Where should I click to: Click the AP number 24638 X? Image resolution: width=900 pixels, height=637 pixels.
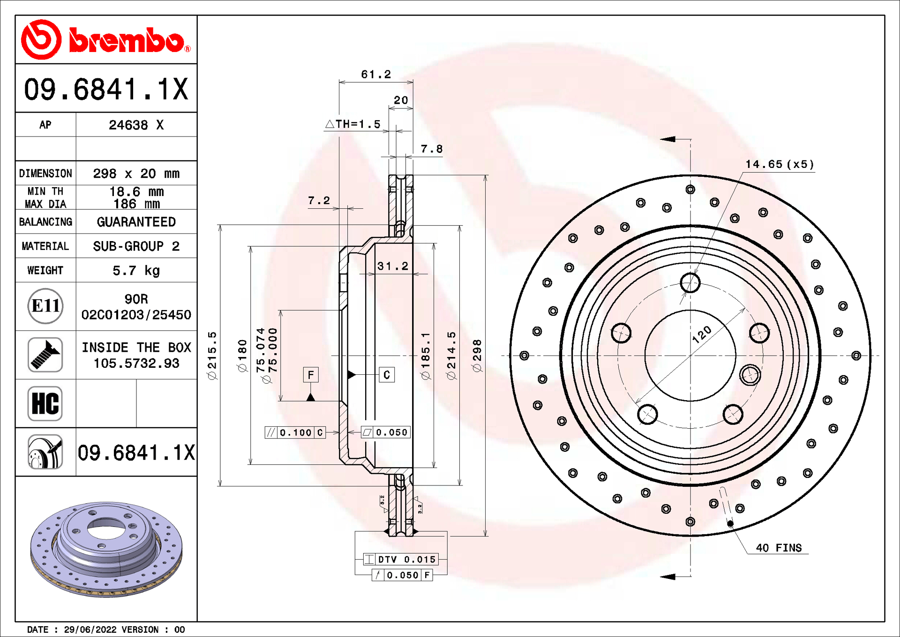point(136,125)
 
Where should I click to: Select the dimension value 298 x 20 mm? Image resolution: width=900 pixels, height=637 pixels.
point(136,174)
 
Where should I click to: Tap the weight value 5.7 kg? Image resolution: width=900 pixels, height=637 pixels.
point(136,271)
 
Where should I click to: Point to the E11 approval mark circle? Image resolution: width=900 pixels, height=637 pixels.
point(45,306)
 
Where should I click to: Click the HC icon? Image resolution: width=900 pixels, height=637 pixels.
point(45,403)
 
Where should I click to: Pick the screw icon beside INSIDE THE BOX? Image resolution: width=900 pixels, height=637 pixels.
point(45,355)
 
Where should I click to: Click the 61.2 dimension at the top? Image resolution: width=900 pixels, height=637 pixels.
point(376,74)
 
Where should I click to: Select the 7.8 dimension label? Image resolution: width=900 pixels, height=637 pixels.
point(432,149)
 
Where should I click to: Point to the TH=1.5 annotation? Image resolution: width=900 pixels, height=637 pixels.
point(353,124)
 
